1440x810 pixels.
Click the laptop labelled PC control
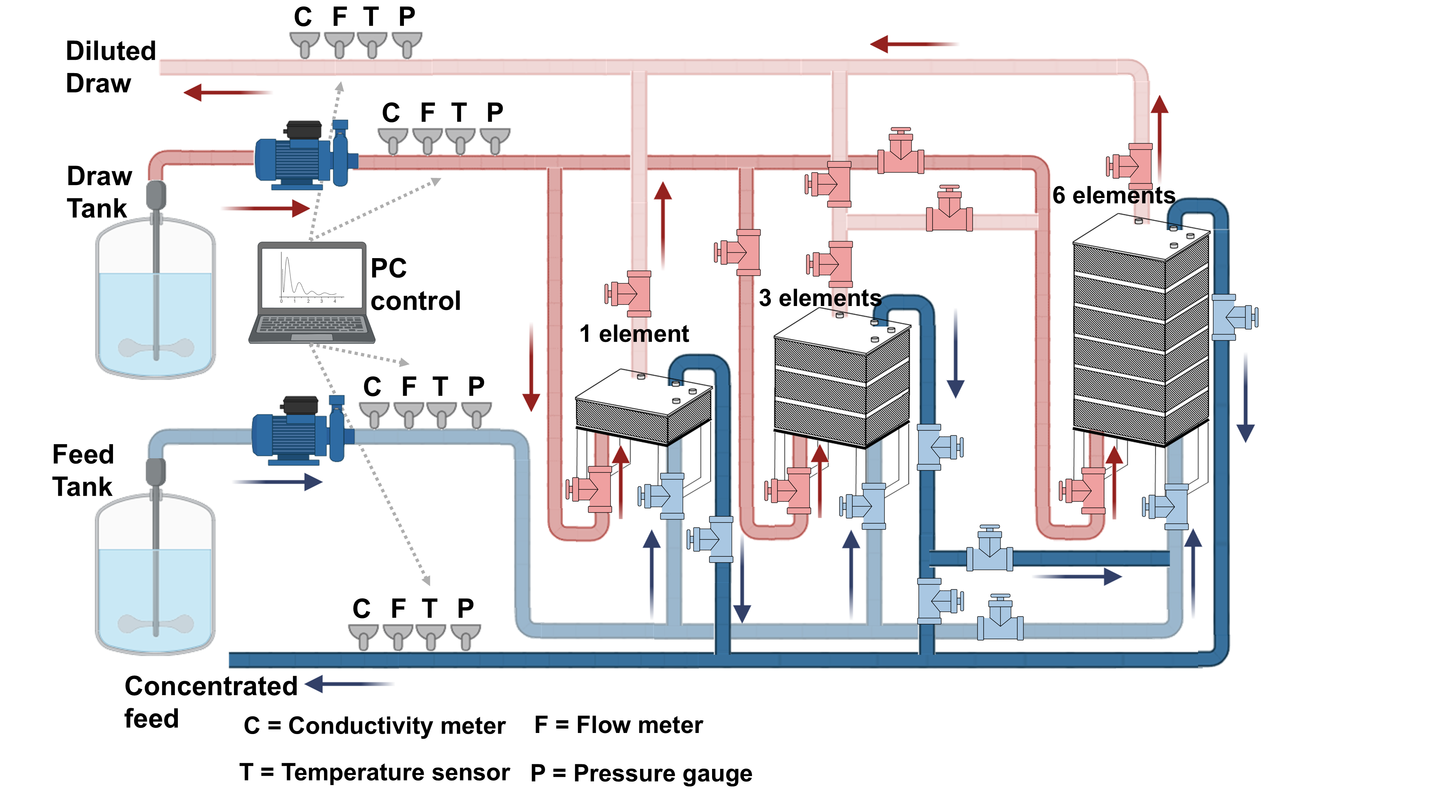[311, 292]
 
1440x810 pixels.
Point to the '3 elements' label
[819, 298]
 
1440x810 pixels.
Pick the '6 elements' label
[1113, 195]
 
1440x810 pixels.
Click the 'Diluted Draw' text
[110, 67]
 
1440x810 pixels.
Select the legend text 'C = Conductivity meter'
[374, 726]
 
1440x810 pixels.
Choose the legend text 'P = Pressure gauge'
[641, 773]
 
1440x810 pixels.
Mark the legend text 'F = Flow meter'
[618, 725]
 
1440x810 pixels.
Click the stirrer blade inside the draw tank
[156, 347]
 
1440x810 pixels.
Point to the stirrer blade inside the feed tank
[156, 623]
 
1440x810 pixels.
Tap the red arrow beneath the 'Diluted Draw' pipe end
[226, 92]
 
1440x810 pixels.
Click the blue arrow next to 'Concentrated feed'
[348, 684]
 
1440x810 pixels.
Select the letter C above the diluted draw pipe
[303, 17]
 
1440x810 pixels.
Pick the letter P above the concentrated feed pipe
[465, 608]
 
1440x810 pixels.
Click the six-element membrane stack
[1140, 336]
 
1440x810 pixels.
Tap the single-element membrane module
[643, 408]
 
